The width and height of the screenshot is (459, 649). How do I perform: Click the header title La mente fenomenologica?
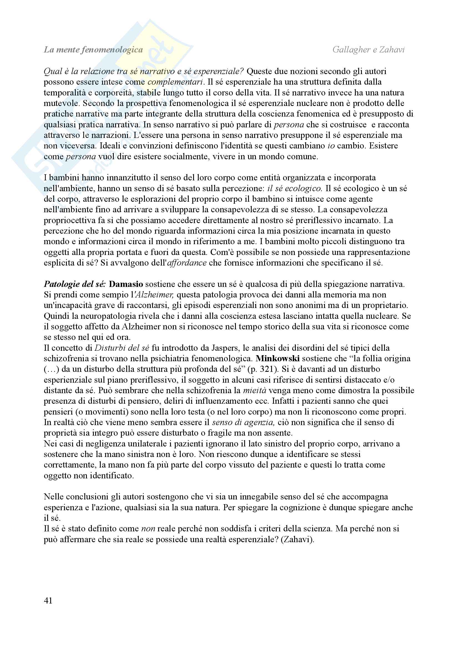point(93,50)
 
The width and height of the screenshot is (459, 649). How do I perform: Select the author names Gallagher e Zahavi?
point(368,50)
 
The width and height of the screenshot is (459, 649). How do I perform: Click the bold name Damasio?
point(126,284)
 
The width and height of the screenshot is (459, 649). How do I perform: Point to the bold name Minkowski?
point(278,358)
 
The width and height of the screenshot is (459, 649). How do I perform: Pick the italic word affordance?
point(187,263)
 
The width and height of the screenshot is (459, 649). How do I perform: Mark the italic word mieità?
point(254,390)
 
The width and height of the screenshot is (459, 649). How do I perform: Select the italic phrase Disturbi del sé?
point(122,348)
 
